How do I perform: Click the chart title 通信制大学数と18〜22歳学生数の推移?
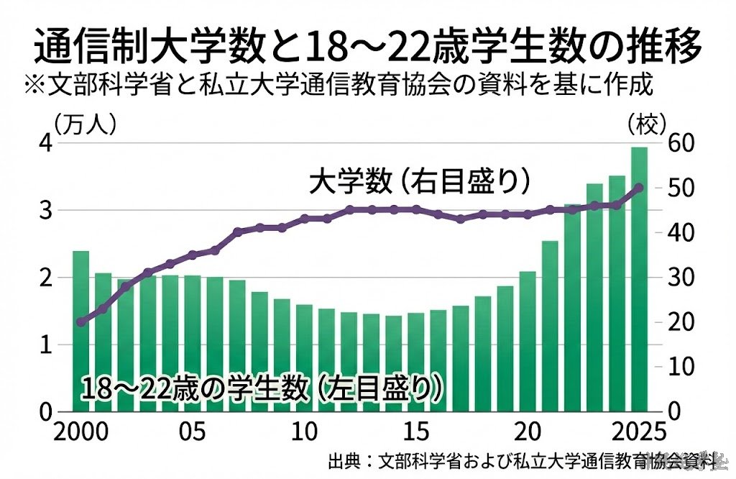pyautogui.click(x=367, y=47)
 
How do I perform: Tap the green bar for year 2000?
pyautogui.click(x=80, y=331)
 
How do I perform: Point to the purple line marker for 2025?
pyautogui.click(x=639, y=187)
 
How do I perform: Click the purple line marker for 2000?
pyautogui.click(x=80, y=321)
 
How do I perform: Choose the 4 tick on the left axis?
pyautogui.click(x=45, y=143)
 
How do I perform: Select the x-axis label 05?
pyautogui.click(x=191, y=434)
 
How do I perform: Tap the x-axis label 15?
pyautogui.click(x=417, y=434)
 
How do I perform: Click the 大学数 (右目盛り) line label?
pyautogui.click(x=420, y=181)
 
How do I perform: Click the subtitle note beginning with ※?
pyautogui.click(x=337, y=85)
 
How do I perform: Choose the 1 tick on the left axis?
pyautogui.click(x=45, y=345)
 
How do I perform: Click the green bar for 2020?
pyautogui.click(x=527, y=342)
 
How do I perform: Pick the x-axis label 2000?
pyautogui.click(x=80, y=434)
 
